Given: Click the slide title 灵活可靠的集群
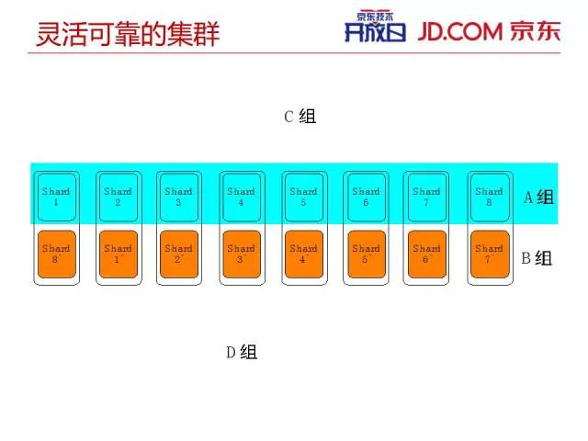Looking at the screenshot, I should tap(128, 34).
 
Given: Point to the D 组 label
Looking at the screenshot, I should tap(242, 352).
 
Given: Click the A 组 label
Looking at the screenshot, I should tap(538, 197).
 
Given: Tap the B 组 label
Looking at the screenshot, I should tap(537, 258).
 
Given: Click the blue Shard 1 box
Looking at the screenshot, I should tap(56, 197).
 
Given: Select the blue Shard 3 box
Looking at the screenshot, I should tap(179, 197).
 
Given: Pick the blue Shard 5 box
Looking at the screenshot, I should tap(303, 197).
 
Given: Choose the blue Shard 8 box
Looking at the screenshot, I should tap(489, 197).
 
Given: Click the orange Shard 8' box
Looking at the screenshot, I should tap(56, 254).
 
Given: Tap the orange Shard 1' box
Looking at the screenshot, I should tap(118, 254).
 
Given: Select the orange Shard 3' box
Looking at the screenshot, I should tap(241, 254).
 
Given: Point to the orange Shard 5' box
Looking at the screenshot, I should tap(366, 254).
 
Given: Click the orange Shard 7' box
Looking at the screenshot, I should tap(489, 254).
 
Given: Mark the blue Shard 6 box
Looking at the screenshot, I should tap(366, 197).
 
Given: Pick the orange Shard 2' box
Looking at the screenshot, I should tap(179, 254).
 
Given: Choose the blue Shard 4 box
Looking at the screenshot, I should tap(241, 197).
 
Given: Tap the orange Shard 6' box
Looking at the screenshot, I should tap(426, 254).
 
